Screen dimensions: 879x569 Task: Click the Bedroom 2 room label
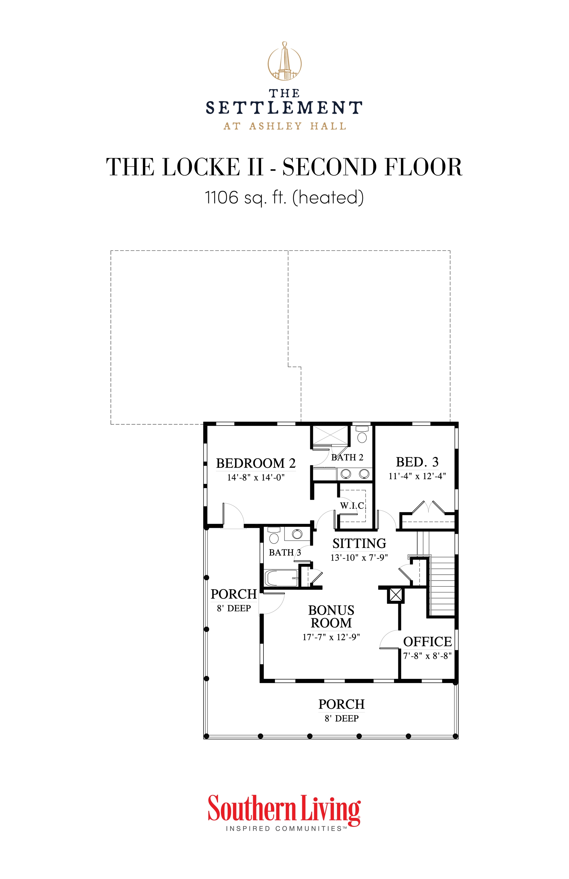tap(255, 463)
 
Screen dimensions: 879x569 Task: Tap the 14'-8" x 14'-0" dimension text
tap(255, 477)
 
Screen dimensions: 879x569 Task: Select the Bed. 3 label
tap(417, 462)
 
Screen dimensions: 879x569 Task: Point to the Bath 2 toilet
tap(362, 436)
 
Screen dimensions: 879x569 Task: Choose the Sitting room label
tap(359, 543)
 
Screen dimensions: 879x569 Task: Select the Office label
tap(427, 642)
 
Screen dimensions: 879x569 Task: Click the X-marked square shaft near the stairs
tap(395, 595)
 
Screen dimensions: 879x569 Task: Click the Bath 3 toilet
tap(274, 537)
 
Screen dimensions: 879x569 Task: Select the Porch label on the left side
tap(233, 594)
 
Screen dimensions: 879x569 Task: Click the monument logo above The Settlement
tap(284, 61)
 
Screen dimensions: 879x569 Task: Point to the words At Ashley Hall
tap(284, 126)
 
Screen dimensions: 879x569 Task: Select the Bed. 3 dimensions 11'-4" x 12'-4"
tap(417, 476)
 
